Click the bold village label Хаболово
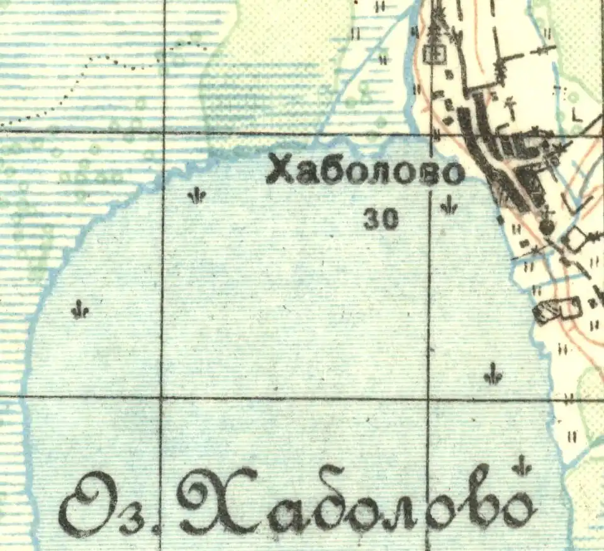365,172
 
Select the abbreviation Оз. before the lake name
107,506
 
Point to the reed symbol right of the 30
449,205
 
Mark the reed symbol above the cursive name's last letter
521,466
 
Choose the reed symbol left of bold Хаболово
197,196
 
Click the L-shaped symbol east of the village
576,114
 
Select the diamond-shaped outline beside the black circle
574,237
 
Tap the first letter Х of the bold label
279,170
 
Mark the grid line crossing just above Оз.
94,397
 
